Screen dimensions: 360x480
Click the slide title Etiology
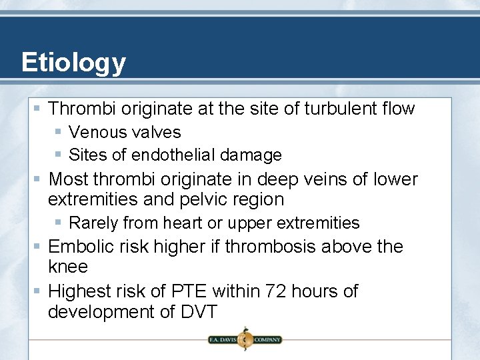point(73,63)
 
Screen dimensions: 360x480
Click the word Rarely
point(94,223)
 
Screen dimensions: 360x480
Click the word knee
point(68,267)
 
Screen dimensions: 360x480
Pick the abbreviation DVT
point(198,312)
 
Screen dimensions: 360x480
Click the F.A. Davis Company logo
point(245,339)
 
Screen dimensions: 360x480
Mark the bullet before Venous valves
point(59,133)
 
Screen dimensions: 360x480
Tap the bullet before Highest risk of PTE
point(39,291)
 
